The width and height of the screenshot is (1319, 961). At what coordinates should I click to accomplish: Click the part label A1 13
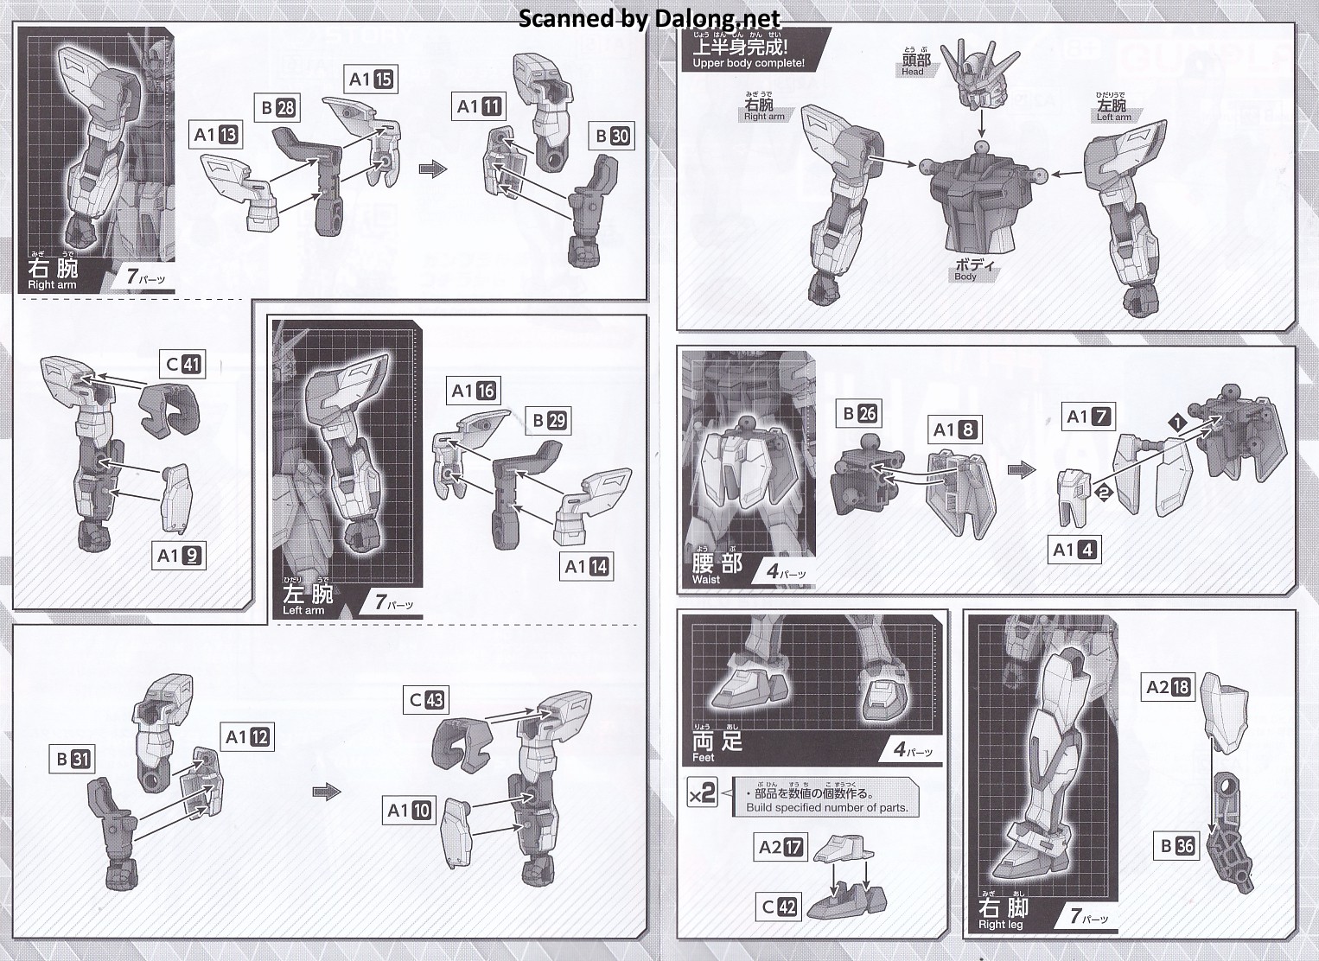215,135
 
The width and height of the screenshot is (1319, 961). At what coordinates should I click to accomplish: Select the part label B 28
278,108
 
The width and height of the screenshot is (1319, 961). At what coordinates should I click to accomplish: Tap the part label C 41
182,364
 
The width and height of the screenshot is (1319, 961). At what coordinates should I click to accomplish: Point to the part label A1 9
179,556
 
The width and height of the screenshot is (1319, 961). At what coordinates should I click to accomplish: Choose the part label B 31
73,759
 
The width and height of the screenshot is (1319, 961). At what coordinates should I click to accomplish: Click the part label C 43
427,699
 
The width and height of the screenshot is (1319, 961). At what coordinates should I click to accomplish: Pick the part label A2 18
1168,686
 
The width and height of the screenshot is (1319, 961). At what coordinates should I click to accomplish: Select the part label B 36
1176,846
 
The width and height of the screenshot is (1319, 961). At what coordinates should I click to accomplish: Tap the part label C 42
779,907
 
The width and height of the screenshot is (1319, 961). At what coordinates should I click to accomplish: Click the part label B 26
859,414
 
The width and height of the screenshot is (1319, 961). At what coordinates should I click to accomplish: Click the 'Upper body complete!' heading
748,63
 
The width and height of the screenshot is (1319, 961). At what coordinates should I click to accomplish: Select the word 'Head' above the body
912,72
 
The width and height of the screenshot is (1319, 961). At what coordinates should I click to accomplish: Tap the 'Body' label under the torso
965,277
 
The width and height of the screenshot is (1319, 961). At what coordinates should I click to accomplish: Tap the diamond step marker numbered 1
1177,423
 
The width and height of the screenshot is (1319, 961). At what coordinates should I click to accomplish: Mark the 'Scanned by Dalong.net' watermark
649,19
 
